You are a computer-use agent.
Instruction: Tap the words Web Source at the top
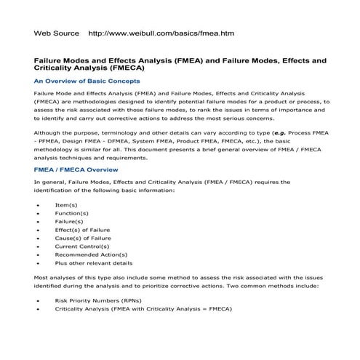pos(57,33)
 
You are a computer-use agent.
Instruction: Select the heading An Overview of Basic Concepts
pos(87,81)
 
